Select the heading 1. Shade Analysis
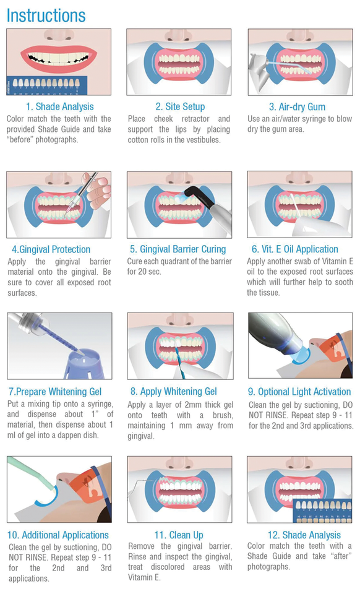pyautogui.click(x=59, y=106)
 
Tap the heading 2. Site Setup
pyautogui.click(x=180, y=106)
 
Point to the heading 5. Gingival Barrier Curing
pyautogui.click(x=178, y=249)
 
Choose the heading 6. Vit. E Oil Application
pyautogui.click(x=295, y=249)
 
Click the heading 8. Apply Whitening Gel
pyautogui.click(x=174, y=392)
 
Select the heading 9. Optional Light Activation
pyautogui.click(x=299, y=392)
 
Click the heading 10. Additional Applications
pyautogui.click(x=59, y=535)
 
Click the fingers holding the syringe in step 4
pyautogui.click(x=97, y=192)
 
